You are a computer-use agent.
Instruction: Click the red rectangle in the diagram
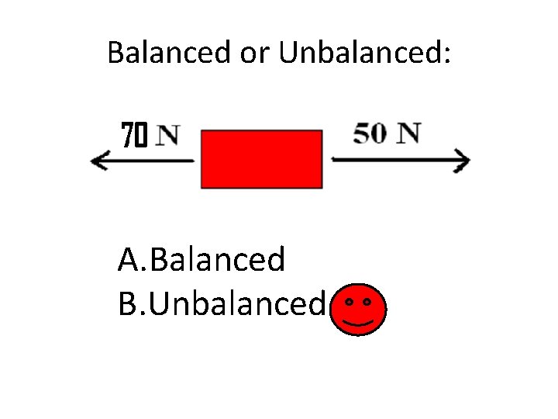point(261,159)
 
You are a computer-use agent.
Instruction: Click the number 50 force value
point(370,133)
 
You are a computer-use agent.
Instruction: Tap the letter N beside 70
point(167,137)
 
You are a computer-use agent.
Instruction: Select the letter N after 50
point(409,133)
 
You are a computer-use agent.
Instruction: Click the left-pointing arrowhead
point(98,161)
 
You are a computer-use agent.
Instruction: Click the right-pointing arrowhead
point(462,161)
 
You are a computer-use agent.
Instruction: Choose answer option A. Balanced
point(201,259)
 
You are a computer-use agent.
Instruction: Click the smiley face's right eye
point(367,300)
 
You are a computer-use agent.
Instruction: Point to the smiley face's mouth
point(358,320)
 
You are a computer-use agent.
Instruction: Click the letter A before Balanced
point(129,259)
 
